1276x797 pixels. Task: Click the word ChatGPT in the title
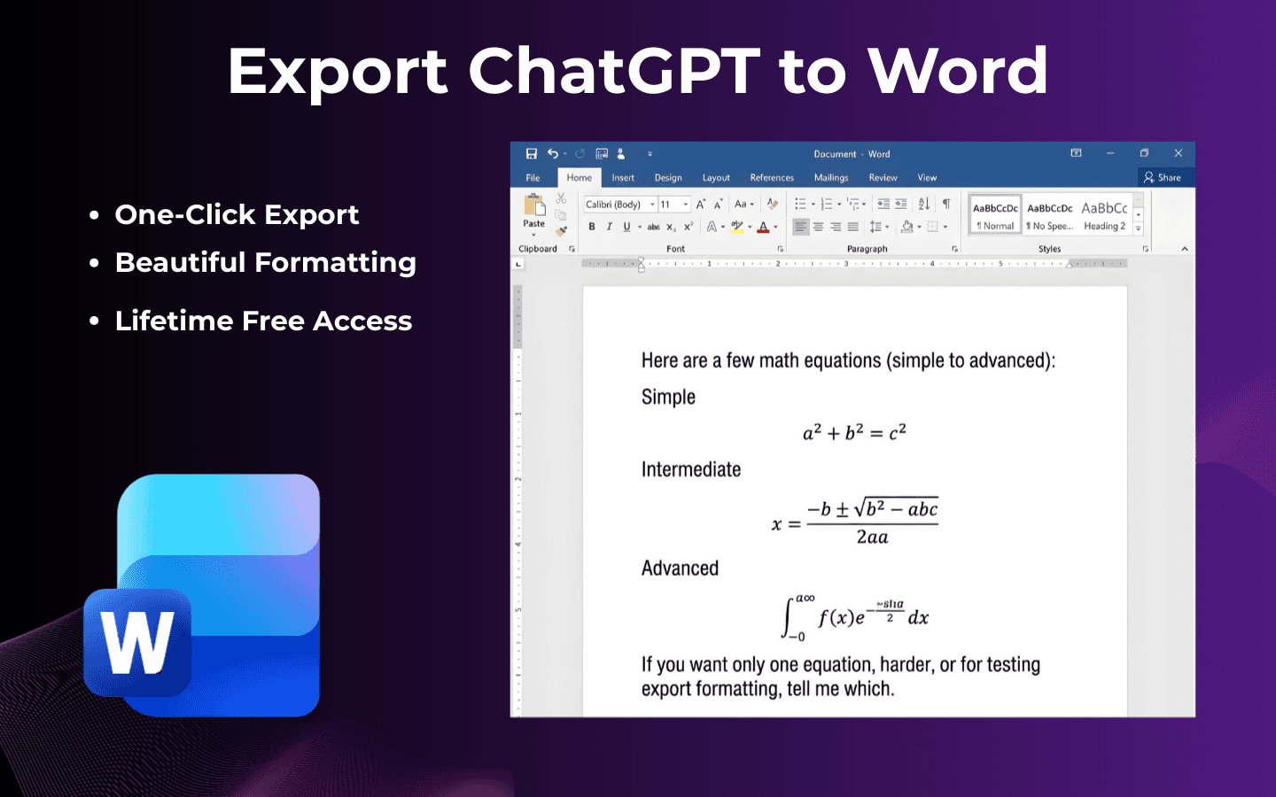(613, 71)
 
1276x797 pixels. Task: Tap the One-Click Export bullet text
(237, 214)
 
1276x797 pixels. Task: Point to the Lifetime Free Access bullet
(263, 321)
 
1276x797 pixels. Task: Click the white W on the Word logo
(137, 643)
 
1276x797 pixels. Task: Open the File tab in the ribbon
(533, 178)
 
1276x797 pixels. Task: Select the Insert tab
(623, 178)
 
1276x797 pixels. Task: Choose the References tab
(772, 178)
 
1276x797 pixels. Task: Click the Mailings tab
(831, 178)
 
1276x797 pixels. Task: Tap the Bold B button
(592, 227)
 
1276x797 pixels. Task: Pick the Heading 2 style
(1104, 215)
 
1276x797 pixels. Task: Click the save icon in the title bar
(532, 154)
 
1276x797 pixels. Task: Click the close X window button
(1178, 153)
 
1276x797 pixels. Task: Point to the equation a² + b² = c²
(854, 432)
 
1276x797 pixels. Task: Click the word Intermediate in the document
(691, 469)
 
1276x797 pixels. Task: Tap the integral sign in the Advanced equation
(788, 617)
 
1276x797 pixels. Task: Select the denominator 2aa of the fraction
(872, 537)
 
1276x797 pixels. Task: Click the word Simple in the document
(668, 397)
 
